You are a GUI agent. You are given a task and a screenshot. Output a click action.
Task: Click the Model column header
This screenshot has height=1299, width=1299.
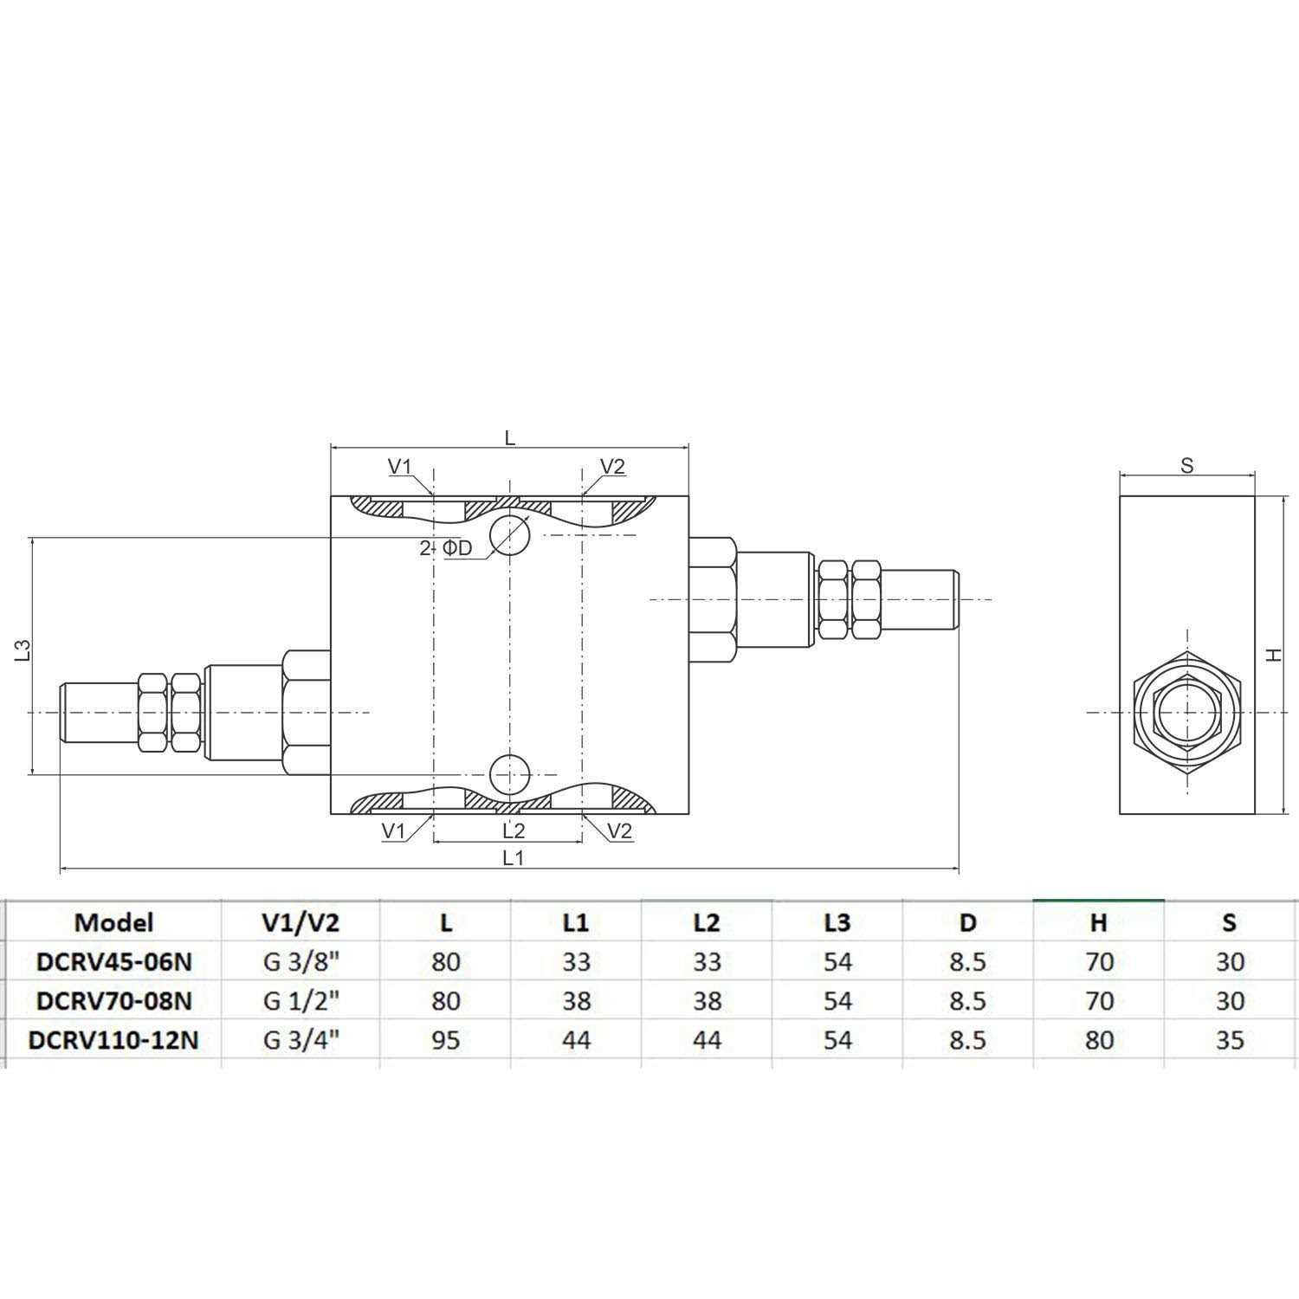tap(113, 922)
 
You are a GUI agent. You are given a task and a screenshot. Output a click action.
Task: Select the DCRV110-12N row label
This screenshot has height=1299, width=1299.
tap(113, 1039)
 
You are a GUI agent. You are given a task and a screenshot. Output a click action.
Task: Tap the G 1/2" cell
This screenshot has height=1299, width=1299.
tap(301, 1000)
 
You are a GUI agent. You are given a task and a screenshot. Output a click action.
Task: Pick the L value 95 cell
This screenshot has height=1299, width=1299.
tap(445, 1039)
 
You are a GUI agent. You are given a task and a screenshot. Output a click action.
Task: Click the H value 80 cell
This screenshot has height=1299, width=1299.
tap(1098, 1039)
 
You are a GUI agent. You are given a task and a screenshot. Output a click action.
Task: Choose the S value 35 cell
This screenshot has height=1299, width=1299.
tap(1229, 1039)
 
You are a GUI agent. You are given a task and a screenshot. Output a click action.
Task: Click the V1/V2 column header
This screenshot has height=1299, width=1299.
tap(301, 922)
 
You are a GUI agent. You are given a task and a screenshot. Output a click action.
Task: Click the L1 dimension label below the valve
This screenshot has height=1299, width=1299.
tap(514, 857)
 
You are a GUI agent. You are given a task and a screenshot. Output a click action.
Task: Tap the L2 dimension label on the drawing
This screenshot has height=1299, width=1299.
tap(514, 830)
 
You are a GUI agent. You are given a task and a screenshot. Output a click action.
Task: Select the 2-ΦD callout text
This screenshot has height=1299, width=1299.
tap(446, 548)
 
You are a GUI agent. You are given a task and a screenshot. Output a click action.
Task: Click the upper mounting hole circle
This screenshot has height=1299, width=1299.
tap(509, 535)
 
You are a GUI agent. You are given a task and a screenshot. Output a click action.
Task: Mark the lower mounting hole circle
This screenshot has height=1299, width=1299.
tap(509, 773)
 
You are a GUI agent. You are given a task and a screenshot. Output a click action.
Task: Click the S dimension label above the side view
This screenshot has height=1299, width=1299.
tap(1186, 465)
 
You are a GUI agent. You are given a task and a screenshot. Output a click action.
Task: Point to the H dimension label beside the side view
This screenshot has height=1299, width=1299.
tap(1273, 656)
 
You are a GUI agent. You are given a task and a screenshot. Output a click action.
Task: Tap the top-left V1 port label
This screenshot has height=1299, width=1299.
tap(399, 466)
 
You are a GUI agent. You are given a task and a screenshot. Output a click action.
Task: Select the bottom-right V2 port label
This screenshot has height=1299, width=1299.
tap(619, 831)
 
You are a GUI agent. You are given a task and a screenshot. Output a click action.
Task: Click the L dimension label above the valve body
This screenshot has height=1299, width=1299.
tap(510, 437)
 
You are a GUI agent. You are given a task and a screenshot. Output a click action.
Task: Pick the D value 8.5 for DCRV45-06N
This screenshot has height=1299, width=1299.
tap(967, 961)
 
